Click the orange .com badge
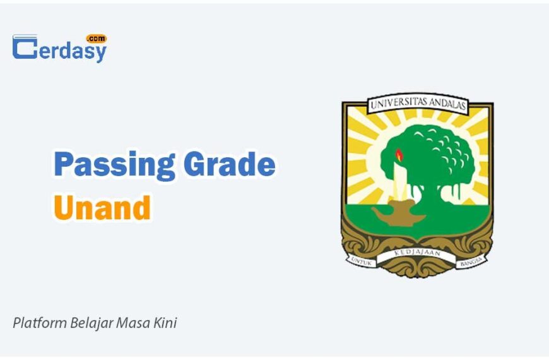coord(97,39)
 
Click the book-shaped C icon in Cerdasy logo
coord(25,47)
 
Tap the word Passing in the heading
coord(114,165)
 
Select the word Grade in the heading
coord(229,164)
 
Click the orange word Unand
coord(102,207)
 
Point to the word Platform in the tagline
coord(40,323)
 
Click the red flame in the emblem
coord(399,155)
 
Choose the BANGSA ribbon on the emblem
coord(471,261)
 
